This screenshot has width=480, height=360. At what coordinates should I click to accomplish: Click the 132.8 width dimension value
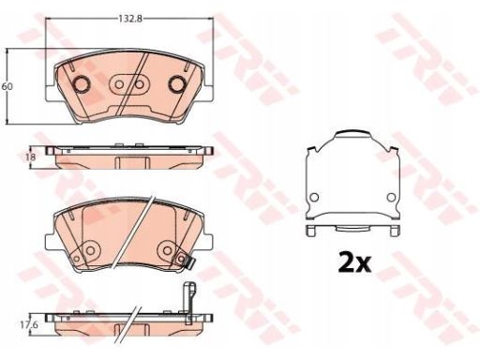(x=130, y=19)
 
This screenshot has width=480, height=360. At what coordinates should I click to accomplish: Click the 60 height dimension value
(x=7, y=86)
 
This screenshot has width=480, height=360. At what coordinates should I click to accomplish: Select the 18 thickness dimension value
(x=30, y=157)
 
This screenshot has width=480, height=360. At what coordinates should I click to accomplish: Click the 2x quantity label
(x=354, y=264)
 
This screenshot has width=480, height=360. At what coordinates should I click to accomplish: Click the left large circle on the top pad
(x=82, y=84)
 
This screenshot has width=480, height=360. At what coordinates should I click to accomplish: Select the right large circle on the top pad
(x=177, y=84)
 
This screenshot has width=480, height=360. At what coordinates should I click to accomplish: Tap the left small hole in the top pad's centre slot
(x=119, y=84)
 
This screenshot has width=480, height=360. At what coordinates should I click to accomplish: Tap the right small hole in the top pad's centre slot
(x=140, y=84)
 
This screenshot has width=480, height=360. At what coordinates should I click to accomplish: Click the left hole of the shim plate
(x=314, y=197)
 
